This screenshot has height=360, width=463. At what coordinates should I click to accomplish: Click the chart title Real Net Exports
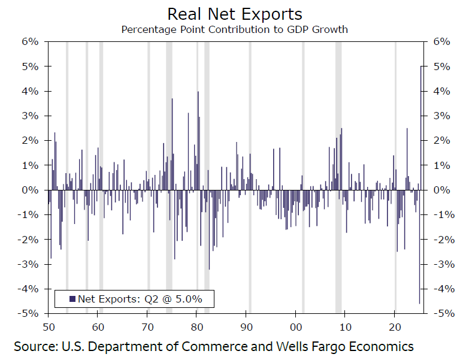235,14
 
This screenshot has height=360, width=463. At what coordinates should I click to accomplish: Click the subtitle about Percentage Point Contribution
234,29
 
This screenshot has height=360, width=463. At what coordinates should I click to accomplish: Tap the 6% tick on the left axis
31,42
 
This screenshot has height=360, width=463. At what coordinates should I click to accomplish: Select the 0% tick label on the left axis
31,190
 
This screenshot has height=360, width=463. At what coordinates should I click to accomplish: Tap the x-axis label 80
197,326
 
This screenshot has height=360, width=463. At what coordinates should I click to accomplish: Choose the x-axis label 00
296,326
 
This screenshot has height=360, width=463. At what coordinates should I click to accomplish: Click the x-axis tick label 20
395,326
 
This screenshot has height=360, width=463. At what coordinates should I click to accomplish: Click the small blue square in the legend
72,298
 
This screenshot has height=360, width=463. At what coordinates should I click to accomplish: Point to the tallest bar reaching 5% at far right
422,128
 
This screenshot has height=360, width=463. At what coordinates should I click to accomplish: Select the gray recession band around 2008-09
338,120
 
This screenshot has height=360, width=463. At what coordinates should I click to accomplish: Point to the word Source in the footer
35,346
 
